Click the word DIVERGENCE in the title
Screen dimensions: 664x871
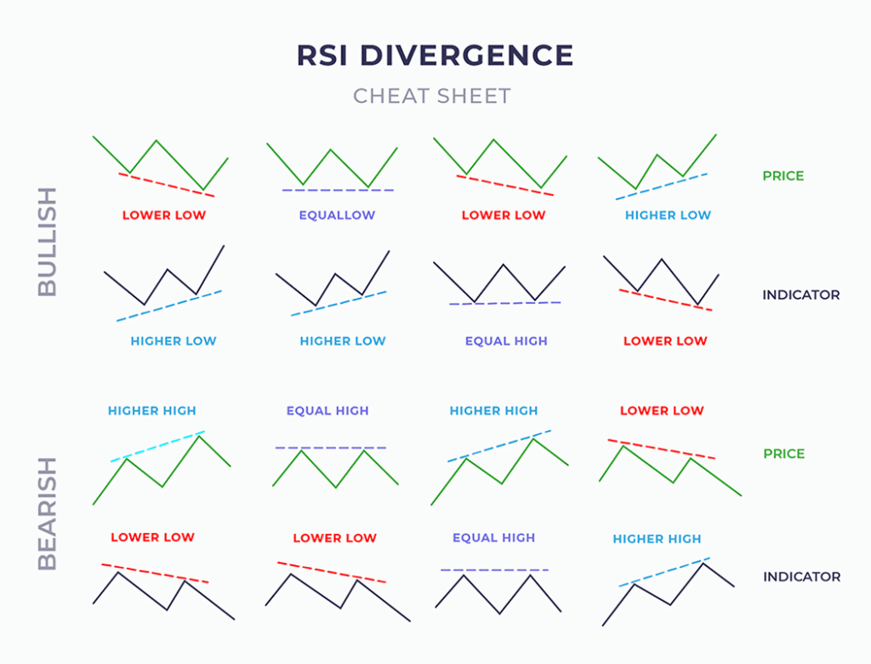point(466,55)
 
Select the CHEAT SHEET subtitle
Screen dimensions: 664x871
point(432,95)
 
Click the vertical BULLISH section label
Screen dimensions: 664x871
point(48,241)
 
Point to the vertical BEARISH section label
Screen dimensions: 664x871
point(48,513)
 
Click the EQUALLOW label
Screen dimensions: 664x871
point(337,215)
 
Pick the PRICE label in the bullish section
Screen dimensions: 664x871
point(783,176)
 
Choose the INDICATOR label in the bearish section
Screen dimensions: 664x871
point(801,576)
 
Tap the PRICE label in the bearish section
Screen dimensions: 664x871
point(783,454)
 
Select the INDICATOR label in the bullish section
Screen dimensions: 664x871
point(800,295)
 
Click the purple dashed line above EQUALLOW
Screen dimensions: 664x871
point(338,189)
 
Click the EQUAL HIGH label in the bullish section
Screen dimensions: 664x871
point(506,341)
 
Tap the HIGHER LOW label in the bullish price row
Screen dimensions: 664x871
point(668,215)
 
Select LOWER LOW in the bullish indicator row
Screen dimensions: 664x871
point(665,341)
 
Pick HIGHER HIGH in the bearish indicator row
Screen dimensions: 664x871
point(657,538)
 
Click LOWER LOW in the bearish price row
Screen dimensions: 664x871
point(662,410)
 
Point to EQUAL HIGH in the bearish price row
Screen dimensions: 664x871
point(327,410)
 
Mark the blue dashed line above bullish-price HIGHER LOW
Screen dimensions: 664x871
point(662,186)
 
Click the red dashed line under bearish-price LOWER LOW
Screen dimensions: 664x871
point(662,449)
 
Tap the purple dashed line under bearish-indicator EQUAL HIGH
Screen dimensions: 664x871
point(495,569)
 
